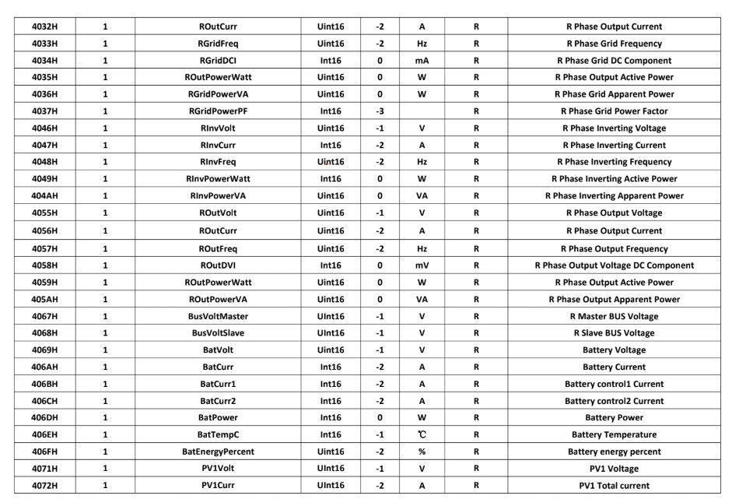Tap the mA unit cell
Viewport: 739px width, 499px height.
[421, 60]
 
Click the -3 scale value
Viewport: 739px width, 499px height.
[380, 111]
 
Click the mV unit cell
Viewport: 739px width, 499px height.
[421, 265]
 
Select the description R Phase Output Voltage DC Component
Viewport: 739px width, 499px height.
[615, 265]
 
